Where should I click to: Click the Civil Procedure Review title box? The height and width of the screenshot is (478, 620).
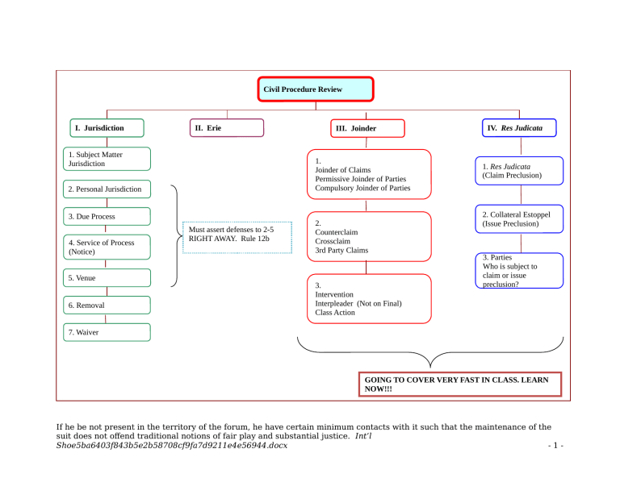coord(316,89)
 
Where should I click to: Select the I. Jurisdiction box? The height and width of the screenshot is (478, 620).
coord(107,128)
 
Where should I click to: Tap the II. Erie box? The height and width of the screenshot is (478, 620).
coord(226,128)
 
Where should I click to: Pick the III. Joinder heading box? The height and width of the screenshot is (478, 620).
coord(368,128)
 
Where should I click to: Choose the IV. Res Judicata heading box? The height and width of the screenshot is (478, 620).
coord(519,128)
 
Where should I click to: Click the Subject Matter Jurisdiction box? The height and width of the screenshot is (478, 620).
coord(107,159)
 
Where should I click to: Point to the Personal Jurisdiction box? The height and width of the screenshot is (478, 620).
coord(107,190)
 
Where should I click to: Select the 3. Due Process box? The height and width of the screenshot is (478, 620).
coord(107,216)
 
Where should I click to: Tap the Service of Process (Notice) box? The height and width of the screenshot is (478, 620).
coord(107,247)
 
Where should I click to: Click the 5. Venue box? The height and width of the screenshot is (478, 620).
coord(107,278)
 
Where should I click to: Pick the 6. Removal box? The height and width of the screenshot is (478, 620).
coord(107,306)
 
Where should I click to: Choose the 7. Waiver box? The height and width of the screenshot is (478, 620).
coord(107,332)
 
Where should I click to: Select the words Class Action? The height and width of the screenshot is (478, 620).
coord(335,313)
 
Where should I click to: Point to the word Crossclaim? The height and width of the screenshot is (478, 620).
coord(336,241)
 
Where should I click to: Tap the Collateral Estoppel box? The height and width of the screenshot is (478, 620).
coord(519,218)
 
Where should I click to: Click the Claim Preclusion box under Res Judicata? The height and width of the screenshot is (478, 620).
coord(519,171)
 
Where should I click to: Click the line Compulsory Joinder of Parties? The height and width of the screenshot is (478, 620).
coord(362,189)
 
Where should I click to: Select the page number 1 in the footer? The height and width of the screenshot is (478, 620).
coord(551,446)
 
